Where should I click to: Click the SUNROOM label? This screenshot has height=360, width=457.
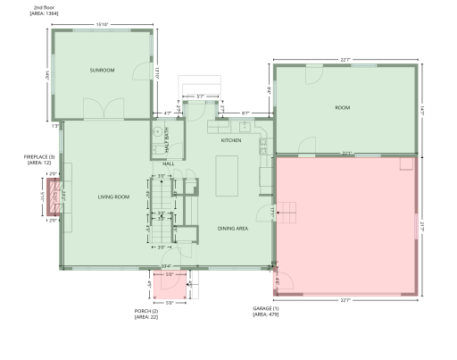coord(104,70)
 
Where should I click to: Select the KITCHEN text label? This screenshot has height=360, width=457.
coord(231,140)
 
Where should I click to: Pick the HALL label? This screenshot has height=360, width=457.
coord(168,164)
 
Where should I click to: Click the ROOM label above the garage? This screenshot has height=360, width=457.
coord(342,107)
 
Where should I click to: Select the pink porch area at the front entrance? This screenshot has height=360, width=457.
coord(169,287)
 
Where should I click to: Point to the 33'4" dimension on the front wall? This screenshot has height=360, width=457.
coord(165,266)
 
